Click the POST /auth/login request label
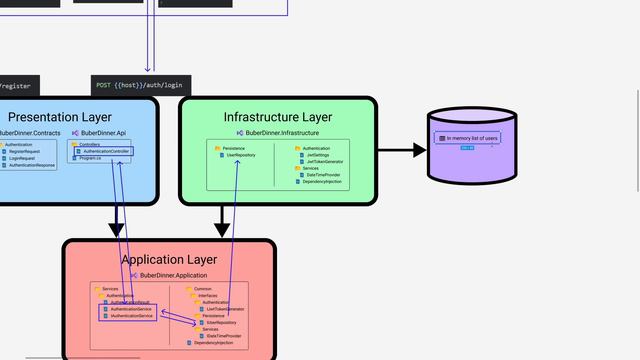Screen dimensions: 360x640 (x=140, y=86)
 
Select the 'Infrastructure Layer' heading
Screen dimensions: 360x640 (x=278, y=117)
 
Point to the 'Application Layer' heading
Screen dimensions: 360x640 (x=169, y=260)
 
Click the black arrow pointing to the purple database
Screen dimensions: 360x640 (x=401, y=150)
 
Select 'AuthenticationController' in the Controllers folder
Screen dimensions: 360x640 (x=106, y=151)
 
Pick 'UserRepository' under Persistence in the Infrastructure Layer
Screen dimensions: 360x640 (x=241, y=155)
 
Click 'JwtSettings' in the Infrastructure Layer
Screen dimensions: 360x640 (x=319, y=155)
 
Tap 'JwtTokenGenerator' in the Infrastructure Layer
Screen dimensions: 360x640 (x=324, y=161)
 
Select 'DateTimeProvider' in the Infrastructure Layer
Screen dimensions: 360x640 (x=323, y=175)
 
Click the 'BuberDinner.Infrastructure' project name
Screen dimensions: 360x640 (x=282, y=132)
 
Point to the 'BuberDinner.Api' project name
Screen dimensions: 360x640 (x=103, y=132)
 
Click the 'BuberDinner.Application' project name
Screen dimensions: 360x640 (x=173, y=275)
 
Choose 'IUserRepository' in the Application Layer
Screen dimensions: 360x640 (x=221, y=323)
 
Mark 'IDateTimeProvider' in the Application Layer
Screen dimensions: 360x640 (x=226, y=336)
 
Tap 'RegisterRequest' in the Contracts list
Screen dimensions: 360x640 (x=25, y=152)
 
